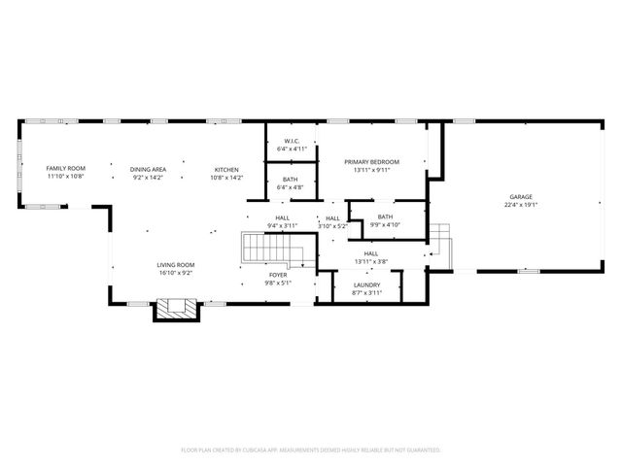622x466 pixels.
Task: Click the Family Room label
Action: point(66,169)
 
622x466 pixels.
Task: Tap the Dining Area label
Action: point(148,169)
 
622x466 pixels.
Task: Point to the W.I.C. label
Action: point(291,142)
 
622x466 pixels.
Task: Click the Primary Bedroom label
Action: point(370,162)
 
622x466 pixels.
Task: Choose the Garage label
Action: point(521,197)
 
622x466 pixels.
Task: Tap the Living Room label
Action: point(176,265)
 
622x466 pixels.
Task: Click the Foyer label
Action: point(278,275)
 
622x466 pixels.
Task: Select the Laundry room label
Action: point(366,284)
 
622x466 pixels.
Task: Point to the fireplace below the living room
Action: point(176,310)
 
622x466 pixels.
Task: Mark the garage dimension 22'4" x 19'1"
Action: point(521,205)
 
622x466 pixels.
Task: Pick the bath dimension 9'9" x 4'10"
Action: point(385,224)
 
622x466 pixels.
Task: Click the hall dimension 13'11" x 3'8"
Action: point(370,261)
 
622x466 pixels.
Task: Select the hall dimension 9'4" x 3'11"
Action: point(283,225)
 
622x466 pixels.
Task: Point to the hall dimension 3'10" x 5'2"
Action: point(332,226)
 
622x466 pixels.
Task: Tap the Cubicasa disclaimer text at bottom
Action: point(311,449)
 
